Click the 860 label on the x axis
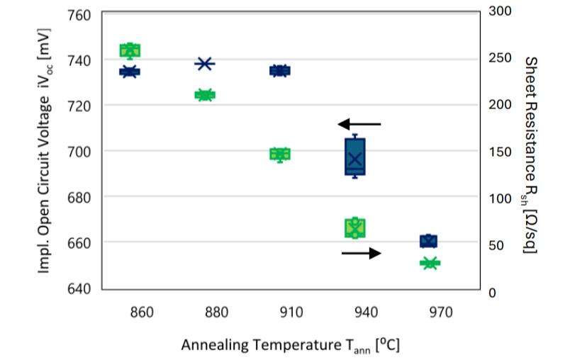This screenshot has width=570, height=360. [x=130, y=312]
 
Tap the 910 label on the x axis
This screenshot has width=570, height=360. [x=280, y=312]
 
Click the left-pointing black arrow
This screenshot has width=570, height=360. [x=359, y=124]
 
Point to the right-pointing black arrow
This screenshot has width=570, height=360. [x=362, y=253]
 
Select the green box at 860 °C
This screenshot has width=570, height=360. [x=130, y=50]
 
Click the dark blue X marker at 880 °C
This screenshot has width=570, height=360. [x=204, y=64]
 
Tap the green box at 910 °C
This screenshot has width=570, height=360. [x=280, y=154]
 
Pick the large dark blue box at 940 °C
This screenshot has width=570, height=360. [x=354, y=156]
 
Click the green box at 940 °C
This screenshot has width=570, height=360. [x=354, y=227]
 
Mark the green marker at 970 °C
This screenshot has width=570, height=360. [x=429, y=264]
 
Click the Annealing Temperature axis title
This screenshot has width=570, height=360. [x=291, y=345]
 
